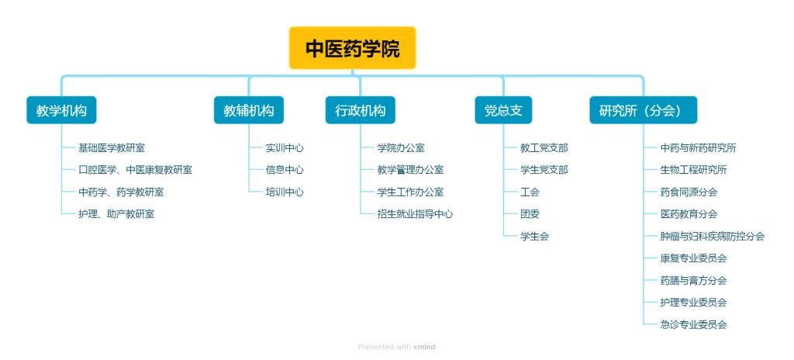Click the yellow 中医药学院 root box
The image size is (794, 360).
pyautogui.click(x=353, y=48)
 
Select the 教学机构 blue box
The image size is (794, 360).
pyautogui.click(x=61, y=110)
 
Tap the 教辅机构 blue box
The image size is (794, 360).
pyautogui.click(x=249, y=110)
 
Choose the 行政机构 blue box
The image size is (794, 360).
pyautogui.click(x=360, y=110)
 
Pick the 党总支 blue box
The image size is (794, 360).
pyautogui.click(x=503, y=110)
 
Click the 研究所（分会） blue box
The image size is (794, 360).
pyautogui.click(x=643, y=110)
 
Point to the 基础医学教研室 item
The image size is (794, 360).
pyautogui.click(x=112, y=148)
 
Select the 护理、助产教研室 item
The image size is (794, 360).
pyautogui.click(x=116, y=214)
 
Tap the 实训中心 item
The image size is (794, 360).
pyautogui.click(x=285, y=148)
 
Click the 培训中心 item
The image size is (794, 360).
pyautogui.click(x=285, y=192)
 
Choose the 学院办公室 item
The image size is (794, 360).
pyautogui.click(x=401, y=148)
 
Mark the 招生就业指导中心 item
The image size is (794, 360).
pyautogui.click(x=415, y=214)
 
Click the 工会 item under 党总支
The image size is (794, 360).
pyautogui.click(x=530, y=192)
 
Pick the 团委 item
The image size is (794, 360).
pyautogui.click(x=530, y=214)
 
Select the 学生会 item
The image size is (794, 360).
pyautogui.click(x=534, y=237)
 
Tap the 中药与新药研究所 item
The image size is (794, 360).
pyautogui.click(x=699, y=148)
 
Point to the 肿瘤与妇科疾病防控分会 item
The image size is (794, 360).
pyautogui.click(x=713, y=237)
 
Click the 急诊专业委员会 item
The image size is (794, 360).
pyautogui.click(x=693, y=324)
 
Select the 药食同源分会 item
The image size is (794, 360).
pyautogui.click(x=689, y=192)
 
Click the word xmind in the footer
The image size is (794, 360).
pyautogui.click(x=424, y=348)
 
